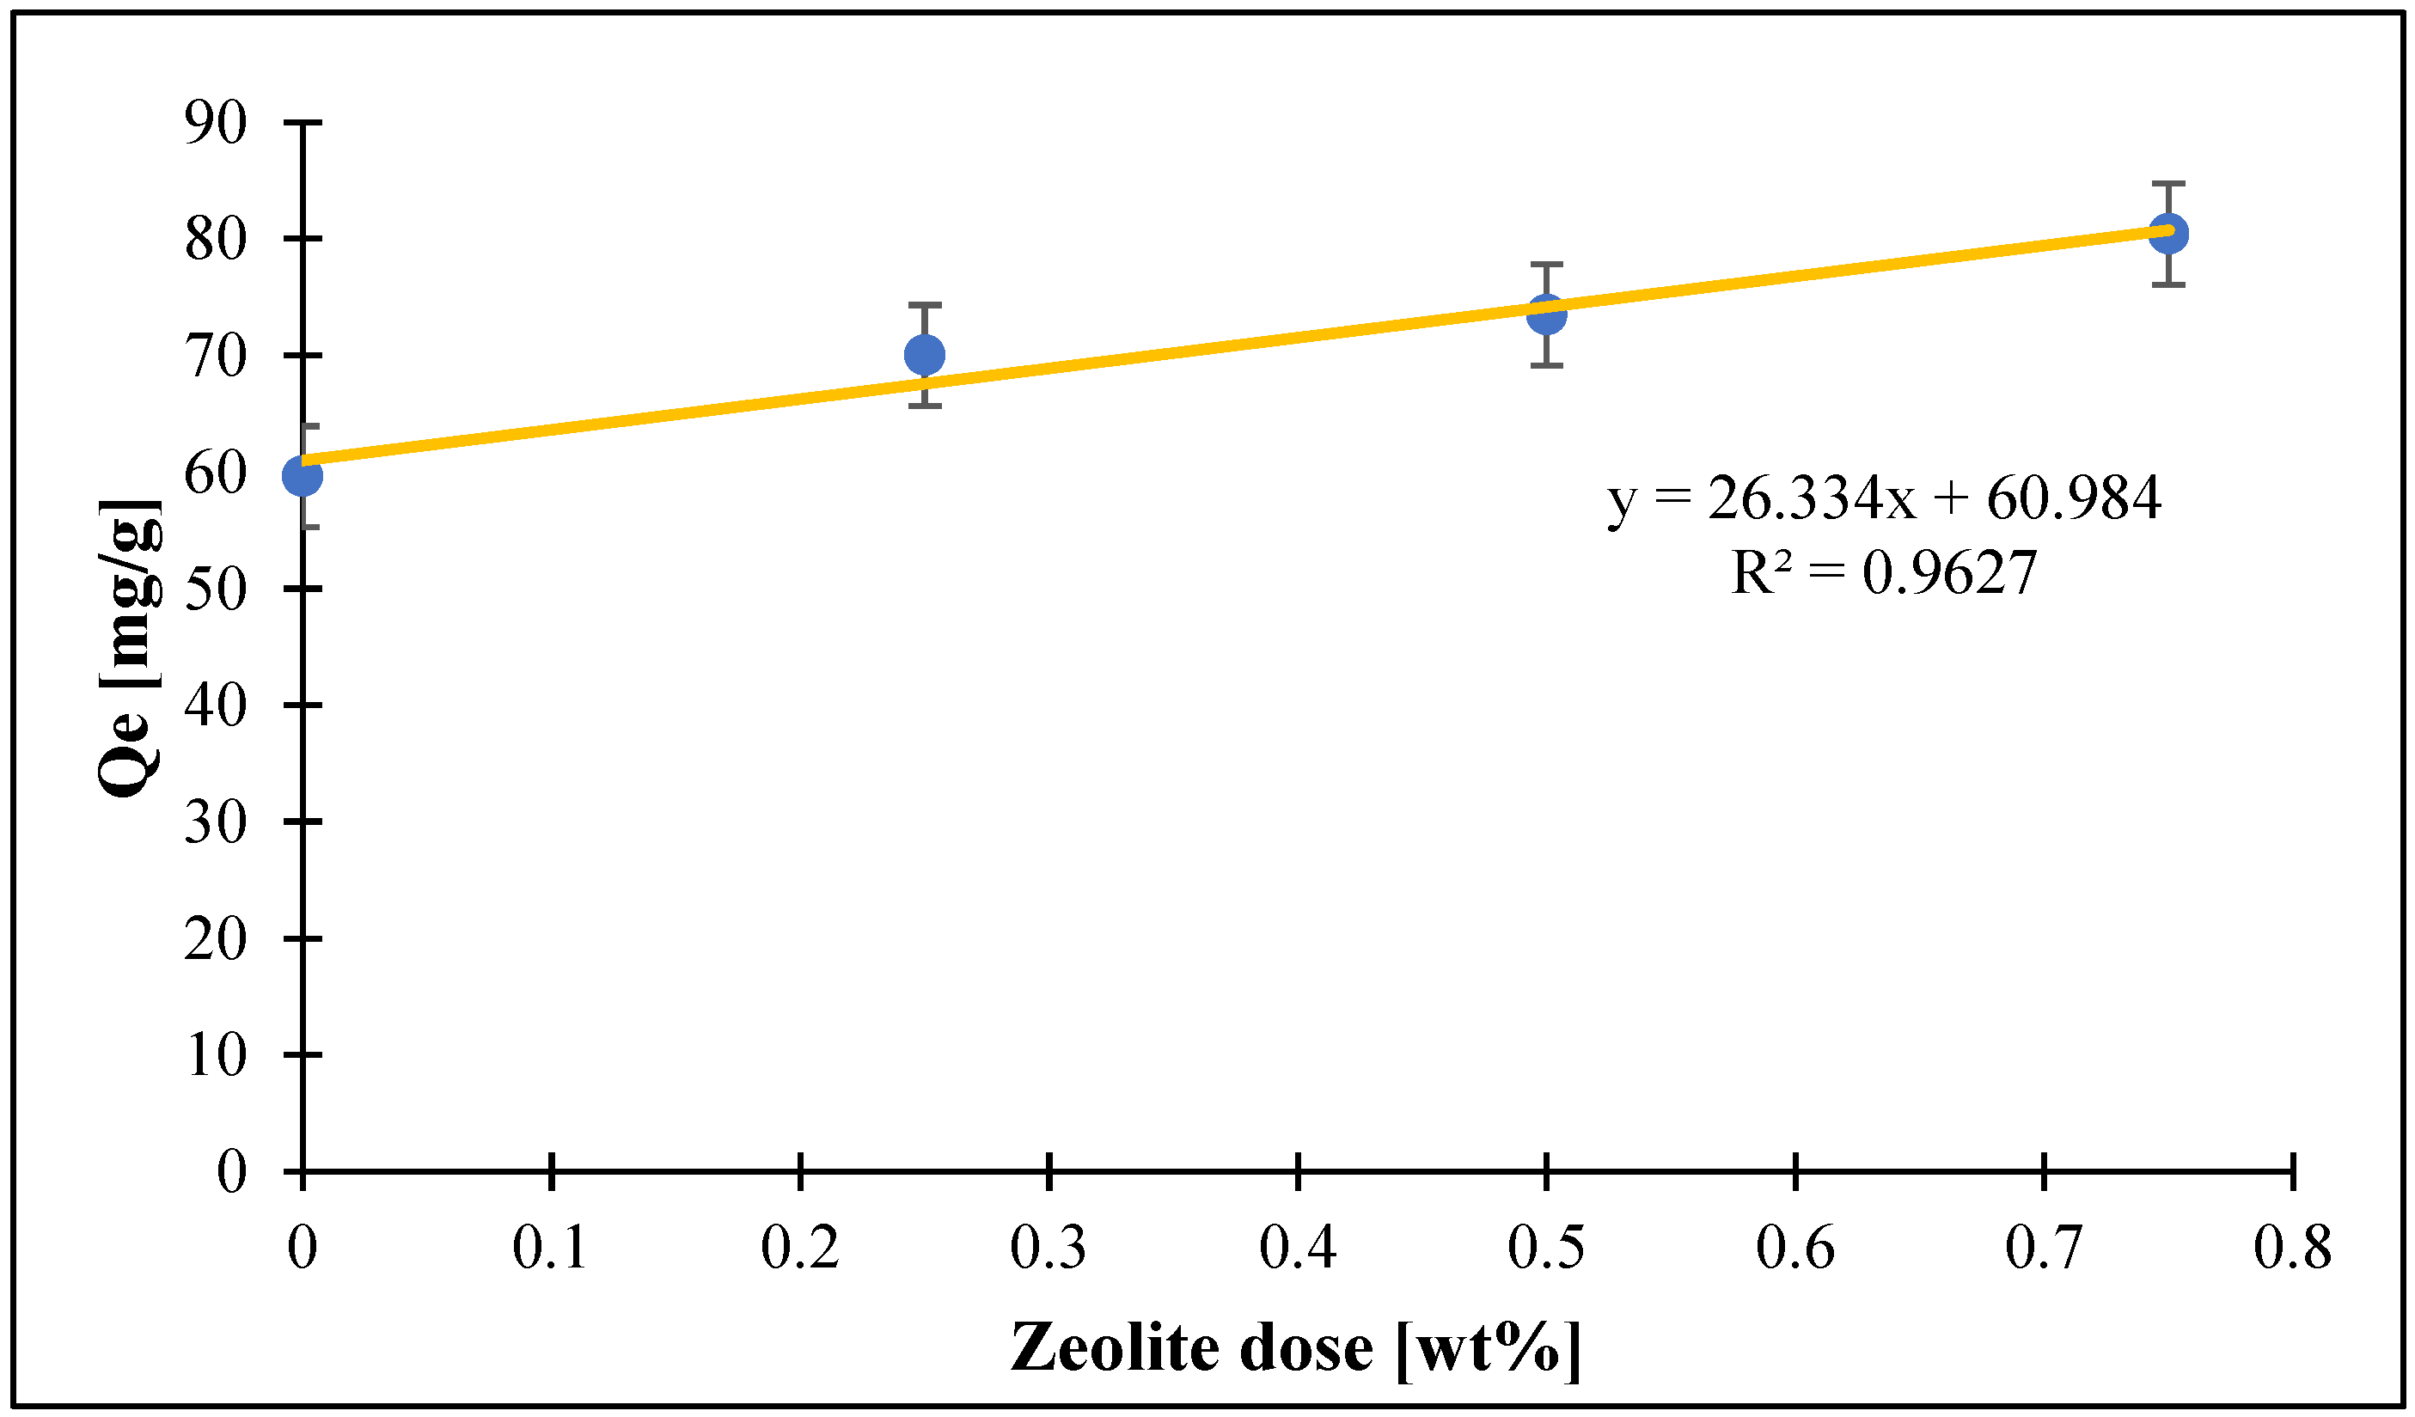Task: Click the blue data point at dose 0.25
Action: click(924, 356)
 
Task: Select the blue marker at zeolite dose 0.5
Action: click(1546, 315)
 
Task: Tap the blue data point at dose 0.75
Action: click(2167, 233)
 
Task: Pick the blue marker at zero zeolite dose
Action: click(303, 476)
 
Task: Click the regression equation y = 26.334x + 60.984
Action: click(1884, 498)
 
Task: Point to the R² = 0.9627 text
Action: click(1884, 573)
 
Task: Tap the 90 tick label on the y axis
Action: click(216, 123)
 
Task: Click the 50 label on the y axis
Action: click(216, 589)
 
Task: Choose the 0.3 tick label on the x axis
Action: click(1049, 1249)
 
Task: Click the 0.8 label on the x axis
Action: click(2292, 1249)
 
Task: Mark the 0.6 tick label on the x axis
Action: click(1795, 1249)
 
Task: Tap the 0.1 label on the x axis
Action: click(550, 1249)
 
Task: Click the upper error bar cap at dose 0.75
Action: click(2167, 183)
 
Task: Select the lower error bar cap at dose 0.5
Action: click(1546, 365)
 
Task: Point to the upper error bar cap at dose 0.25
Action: click(924, 305)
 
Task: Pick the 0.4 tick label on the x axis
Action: click(1298, 1249)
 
